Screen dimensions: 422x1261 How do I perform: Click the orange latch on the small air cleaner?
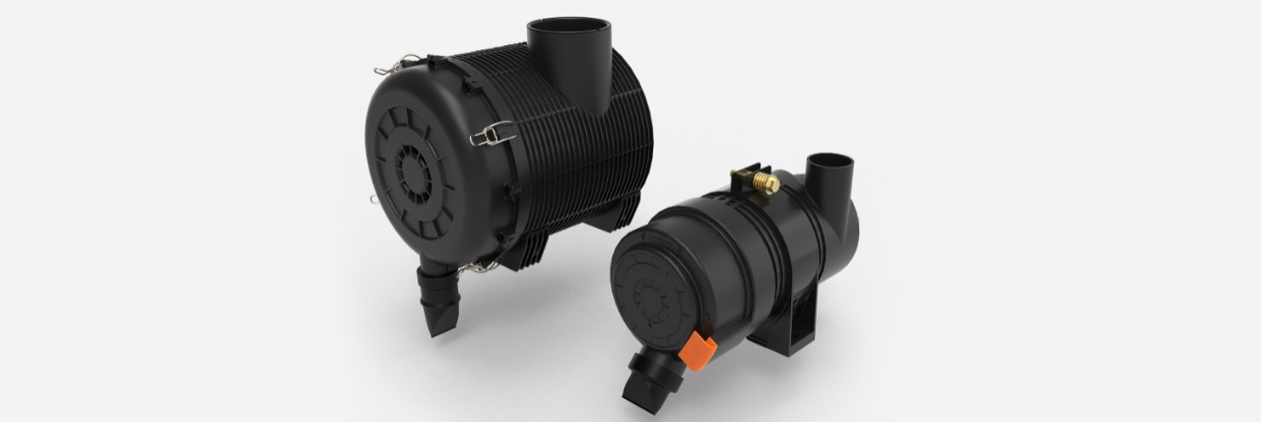coord(697,348)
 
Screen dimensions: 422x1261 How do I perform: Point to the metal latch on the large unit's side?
coord(492,132)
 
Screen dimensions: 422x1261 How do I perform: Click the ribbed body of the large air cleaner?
coord(552,158)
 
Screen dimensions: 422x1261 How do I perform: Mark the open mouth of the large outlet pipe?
coord(568,27)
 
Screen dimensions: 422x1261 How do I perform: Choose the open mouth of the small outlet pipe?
coord(830,160)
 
